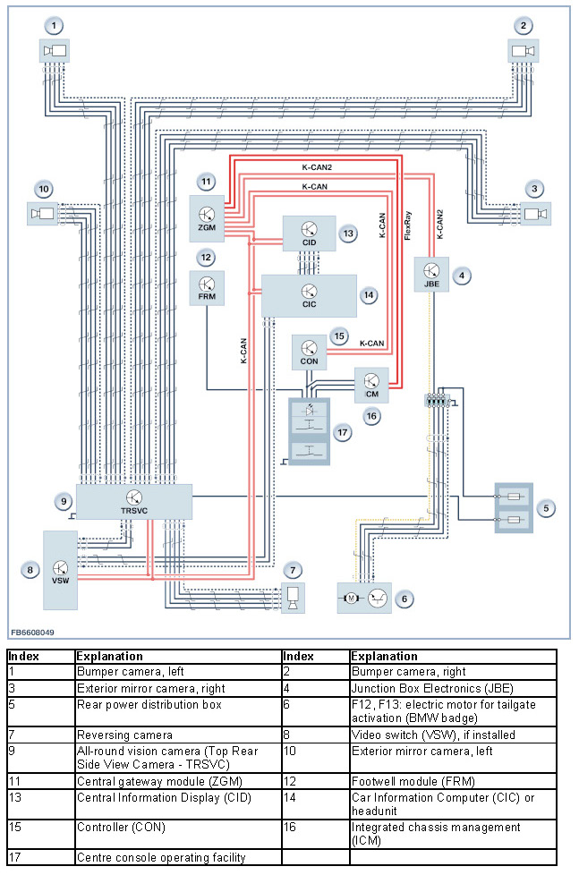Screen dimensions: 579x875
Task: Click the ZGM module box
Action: coord(207,218)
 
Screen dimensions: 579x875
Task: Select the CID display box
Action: coord(309,234)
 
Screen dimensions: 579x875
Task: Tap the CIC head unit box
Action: coord(309,296)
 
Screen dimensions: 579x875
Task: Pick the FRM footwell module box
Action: coord(207,288)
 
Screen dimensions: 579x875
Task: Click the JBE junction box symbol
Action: coord(431,274)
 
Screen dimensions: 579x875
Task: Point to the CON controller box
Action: coord(310,353)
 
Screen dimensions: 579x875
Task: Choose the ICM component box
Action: coord(371,385)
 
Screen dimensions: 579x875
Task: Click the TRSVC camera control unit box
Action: coord(134,502)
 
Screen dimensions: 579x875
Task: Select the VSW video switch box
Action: coord(60,570)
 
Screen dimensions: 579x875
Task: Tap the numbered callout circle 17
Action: coord(342,432)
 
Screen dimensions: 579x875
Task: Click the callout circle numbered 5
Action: coord(546,508)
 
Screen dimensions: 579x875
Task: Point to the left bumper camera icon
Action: coord(55,51)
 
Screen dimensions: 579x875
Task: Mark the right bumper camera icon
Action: coord(524,51)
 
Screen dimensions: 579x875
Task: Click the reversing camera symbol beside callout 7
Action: coord(293,599)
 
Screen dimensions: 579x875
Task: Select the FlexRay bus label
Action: coord(407,225)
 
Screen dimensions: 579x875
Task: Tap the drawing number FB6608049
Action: coord(33,633)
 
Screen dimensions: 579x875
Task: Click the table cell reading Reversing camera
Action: coord(124,735)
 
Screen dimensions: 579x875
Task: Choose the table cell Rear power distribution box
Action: coord(149,705)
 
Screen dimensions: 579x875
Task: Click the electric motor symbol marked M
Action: coord(351,599)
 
